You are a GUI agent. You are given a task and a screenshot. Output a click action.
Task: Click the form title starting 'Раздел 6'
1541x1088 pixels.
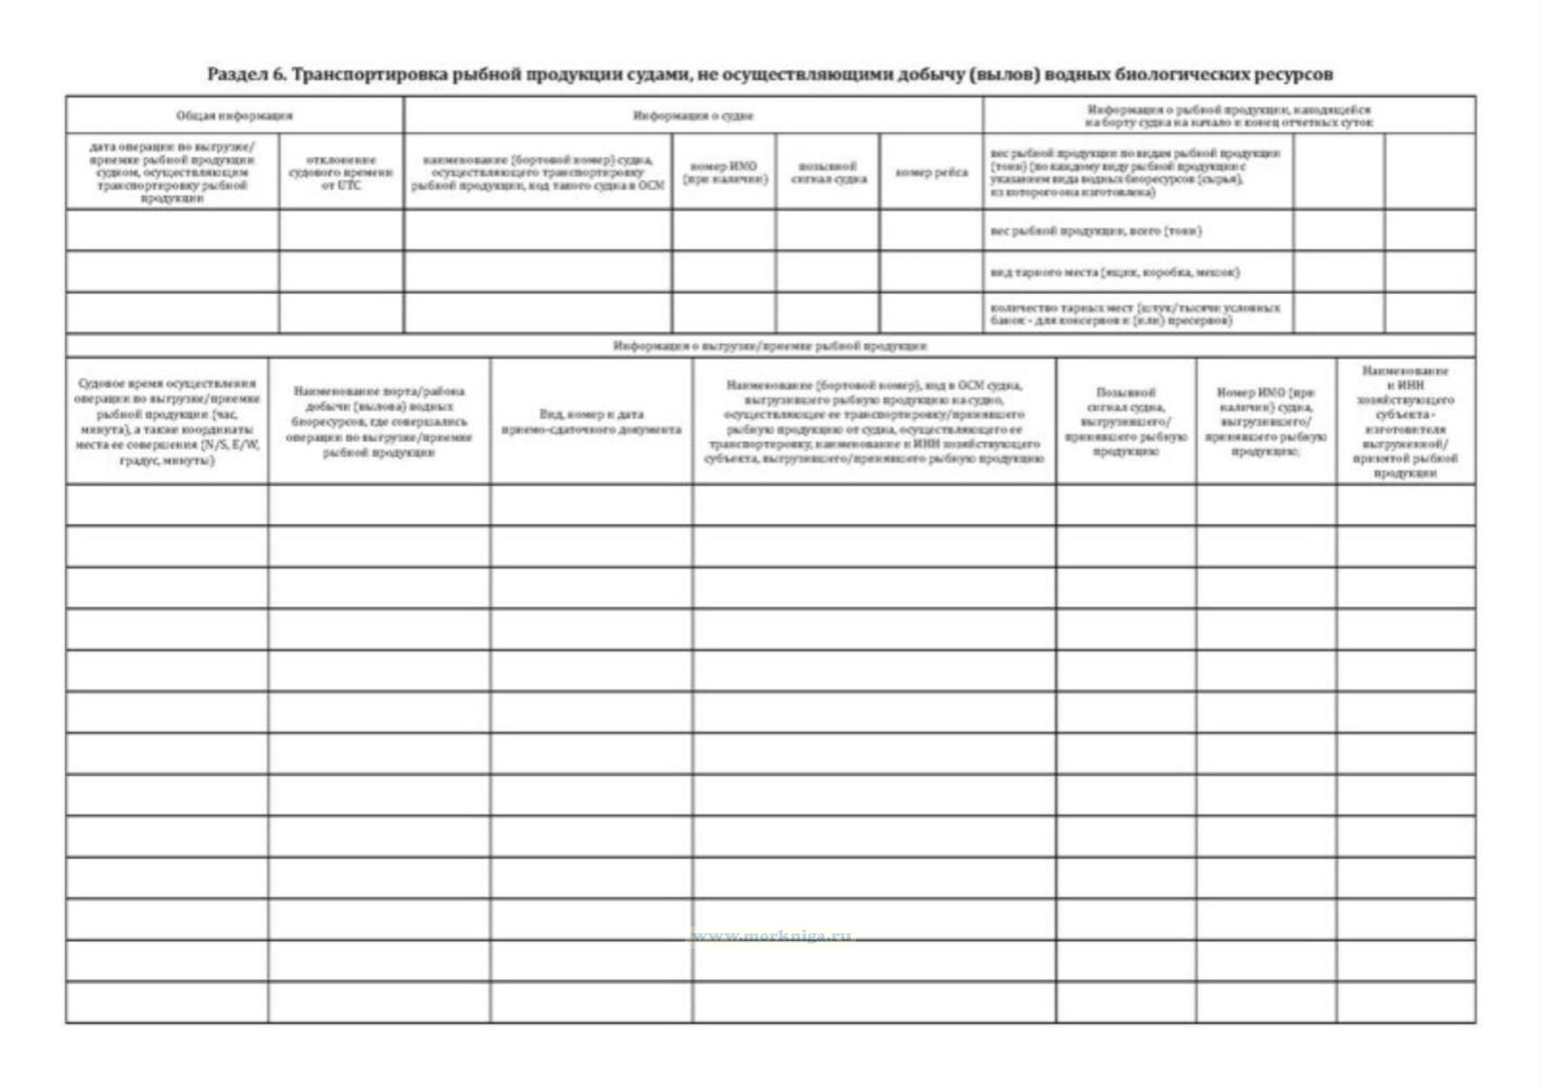[x=770, y=75]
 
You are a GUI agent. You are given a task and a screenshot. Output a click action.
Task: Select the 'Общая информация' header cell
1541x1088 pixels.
[x=234, y=116]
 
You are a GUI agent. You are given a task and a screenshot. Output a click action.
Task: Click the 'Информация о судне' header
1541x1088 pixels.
[x=693, y=116]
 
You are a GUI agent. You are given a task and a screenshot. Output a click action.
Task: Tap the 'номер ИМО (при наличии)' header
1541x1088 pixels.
[x=723, y=172]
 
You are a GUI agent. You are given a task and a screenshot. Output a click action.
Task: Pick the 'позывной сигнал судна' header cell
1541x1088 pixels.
[x=827, y=172]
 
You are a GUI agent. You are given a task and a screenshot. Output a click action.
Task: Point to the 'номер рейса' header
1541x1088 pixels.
[x=931, y=172]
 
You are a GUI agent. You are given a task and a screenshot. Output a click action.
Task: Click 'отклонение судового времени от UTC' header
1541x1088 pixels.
[x=340, y=172]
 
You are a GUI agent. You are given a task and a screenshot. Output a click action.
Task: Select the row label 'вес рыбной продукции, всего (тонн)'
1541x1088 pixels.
[x=1096, y=231]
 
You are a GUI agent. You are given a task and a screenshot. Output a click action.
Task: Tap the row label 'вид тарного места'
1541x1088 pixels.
[x=1114, y=272]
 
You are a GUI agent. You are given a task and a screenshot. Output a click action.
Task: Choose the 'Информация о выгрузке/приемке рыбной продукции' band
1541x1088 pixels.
[x=770, y=346]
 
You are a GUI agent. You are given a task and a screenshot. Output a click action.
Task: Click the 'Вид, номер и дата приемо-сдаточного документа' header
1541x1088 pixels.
[x=591, y=422]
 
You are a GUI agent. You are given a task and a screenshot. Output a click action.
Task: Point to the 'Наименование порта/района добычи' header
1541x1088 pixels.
[x=379, y=422]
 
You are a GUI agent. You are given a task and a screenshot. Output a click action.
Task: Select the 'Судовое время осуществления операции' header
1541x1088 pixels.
[x=167, y=422]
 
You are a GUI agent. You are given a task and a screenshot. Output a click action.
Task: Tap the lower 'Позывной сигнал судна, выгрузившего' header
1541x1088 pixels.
[x=1126, y=422]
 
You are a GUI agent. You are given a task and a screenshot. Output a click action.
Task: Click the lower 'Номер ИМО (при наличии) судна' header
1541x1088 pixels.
[x=1265, y=422]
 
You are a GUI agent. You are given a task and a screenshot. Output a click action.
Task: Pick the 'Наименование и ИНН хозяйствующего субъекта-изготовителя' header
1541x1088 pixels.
[x=1405, y=422]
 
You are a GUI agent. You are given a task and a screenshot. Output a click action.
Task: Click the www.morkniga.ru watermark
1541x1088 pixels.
[x=772, y=937]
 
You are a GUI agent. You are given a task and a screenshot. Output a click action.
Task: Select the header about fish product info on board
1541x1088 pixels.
[x=1228, y=116]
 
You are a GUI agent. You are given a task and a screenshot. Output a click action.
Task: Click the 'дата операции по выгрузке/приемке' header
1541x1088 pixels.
[x=172, y=172]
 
